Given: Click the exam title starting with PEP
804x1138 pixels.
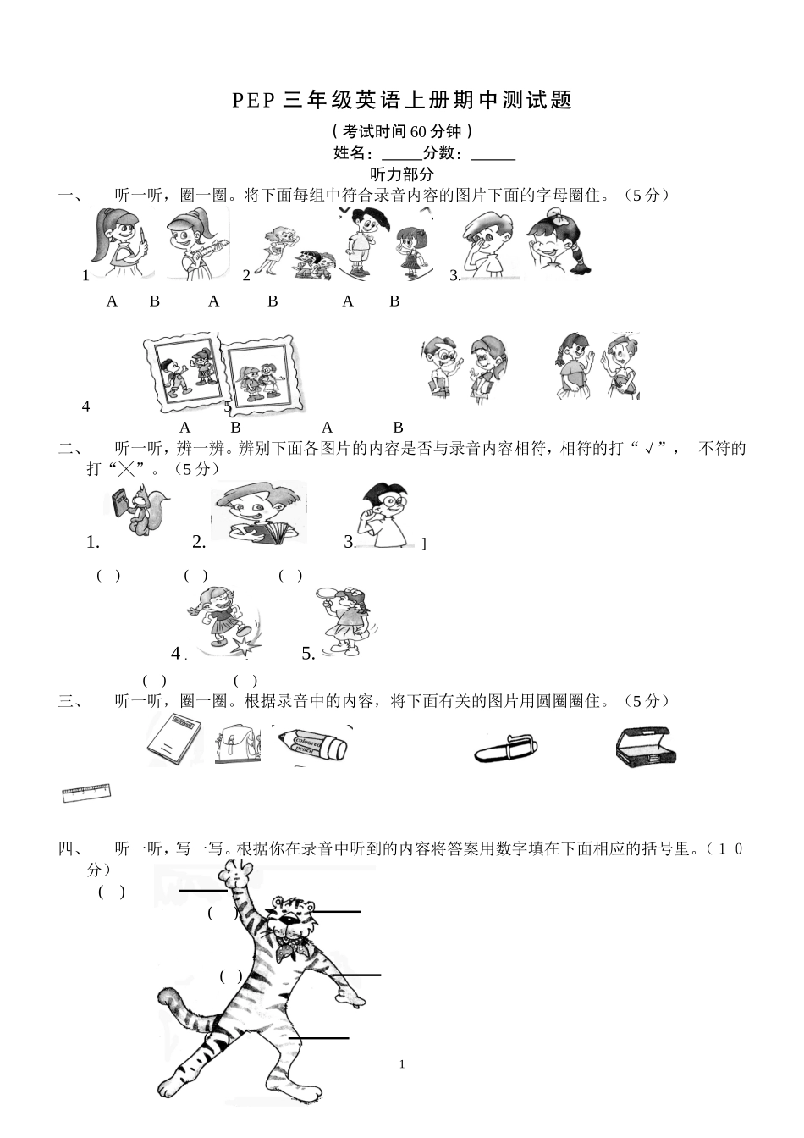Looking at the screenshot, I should click(402, 101).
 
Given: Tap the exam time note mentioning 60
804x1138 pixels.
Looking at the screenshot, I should click(402, 131).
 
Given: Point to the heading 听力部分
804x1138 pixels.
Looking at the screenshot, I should click(402, 174).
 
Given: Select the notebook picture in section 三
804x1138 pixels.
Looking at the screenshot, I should click(173, 739).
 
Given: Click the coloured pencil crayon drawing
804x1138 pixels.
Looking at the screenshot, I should click(311, 745).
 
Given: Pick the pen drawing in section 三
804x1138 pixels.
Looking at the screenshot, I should click(505, 749).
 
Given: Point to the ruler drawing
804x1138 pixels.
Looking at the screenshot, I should click(86, 793).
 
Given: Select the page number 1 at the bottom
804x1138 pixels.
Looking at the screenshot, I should click(402, 1064).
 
